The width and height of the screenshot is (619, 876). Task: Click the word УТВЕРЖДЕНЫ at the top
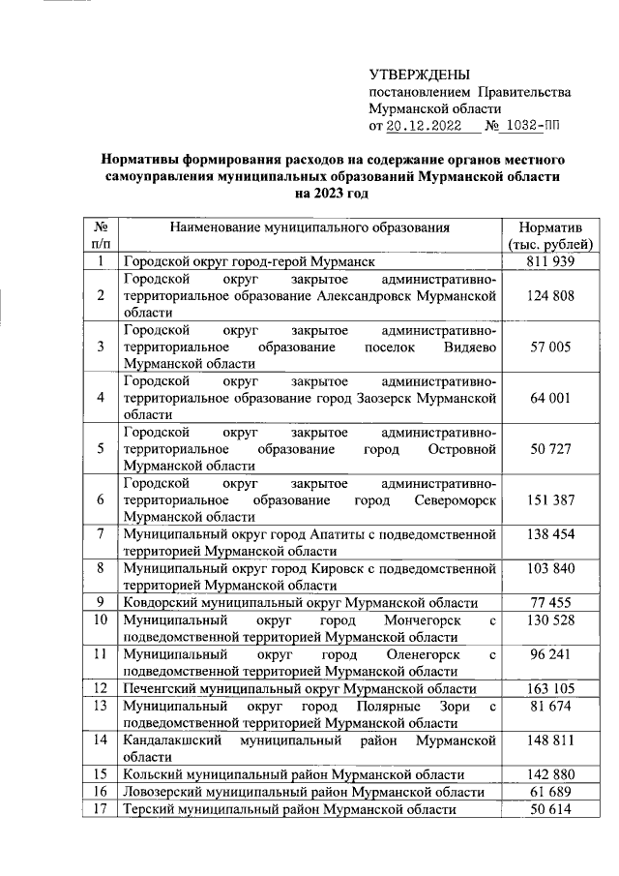tap(420, 75)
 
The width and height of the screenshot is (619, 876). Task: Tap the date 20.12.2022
tap(427, 125)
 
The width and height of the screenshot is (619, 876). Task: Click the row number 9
tap(100, 602)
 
